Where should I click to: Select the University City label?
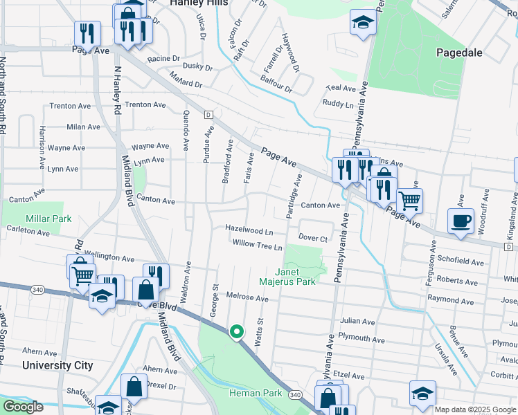coord(57,365)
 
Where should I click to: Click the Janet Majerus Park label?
coord(287,276)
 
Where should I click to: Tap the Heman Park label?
coord(256,393)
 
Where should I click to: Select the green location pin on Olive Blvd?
coord(237,333)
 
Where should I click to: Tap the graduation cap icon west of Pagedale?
coord(362,23)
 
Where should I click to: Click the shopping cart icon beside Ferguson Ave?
coord(410,201)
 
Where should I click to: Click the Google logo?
coord(23,407)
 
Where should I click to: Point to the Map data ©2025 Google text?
coord(475,409)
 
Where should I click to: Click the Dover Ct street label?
coord(313,238)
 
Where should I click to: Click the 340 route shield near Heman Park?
coord(296,394)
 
